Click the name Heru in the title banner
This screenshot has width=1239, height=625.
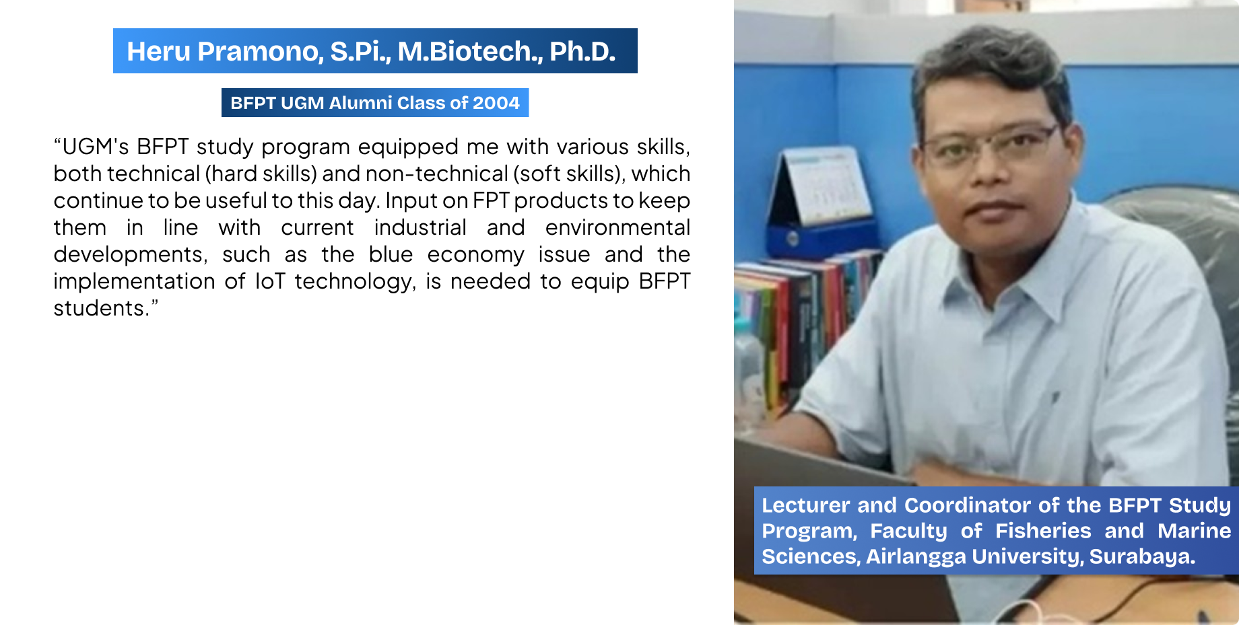[x=158, y=51]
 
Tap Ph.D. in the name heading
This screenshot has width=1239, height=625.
[x=582, y=51]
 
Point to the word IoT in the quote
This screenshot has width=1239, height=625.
[x=270, y=281]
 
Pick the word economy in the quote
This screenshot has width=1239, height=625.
[x=475, y=255]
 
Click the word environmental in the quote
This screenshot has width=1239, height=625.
[x=617, y=227]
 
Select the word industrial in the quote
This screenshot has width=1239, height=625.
[x=420, y=227]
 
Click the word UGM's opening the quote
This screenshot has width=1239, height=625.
[x=95, y=147]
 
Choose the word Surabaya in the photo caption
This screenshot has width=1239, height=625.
[x=1141, y=556]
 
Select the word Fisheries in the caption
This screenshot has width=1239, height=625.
[x=1043, y=531]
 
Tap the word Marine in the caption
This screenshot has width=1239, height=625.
[x=1194, y=531]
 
